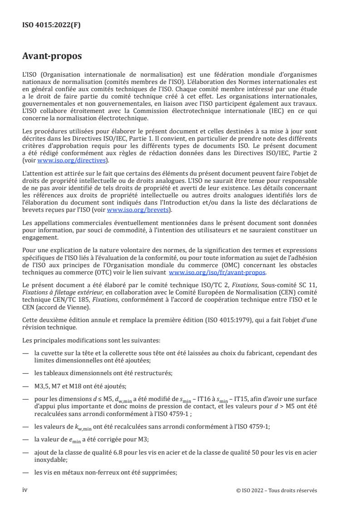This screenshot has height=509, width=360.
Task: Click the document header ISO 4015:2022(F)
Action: pos(51,25)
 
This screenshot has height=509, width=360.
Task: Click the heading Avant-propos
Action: pos(52,58)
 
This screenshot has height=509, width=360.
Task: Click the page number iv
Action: pos(25,489)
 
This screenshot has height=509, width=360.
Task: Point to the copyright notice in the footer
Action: pos(277,490)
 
